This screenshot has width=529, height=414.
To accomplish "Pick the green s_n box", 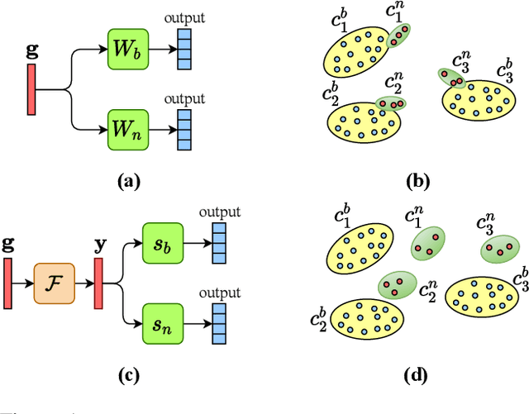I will (161, 321).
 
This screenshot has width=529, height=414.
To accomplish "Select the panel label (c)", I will (126, 376).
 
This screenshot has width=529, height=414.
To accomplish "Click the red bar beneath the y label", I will (98, 281).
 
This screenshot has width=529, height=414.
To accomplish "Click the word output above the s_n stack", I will (219, 293).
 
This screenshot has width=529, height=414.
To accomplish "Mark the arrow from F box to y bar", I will (83, 282).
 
